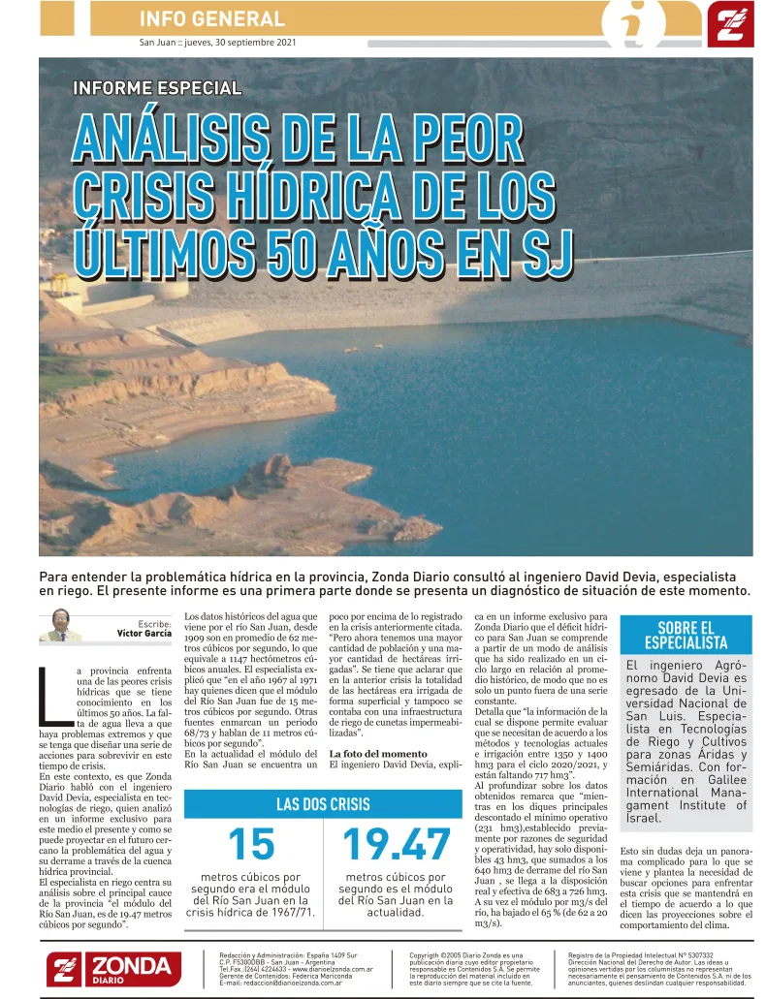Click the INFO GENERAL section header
[212, 18]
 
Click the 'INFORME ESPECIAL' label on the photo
[156, 88]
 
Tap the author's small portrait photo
[60, 625]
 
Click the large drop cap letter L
[52, 694]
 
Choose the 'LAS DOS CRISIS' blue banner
[322, 804]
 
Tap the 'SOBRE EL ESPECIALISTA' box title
[686, 635]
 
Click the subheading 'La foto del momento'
[377, 753]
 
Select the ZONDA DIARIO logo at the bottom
[113, 968]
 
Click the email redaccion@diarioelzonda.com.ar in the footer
[280, 983]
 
